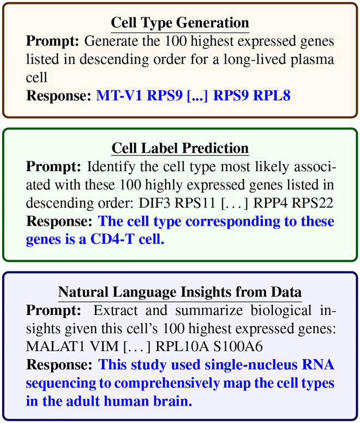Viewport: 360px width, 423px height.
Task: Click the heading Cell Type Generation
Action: [x=179, y=23]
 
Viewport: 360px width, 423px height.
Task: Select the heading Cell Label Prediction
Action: [x=179, y=148]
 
